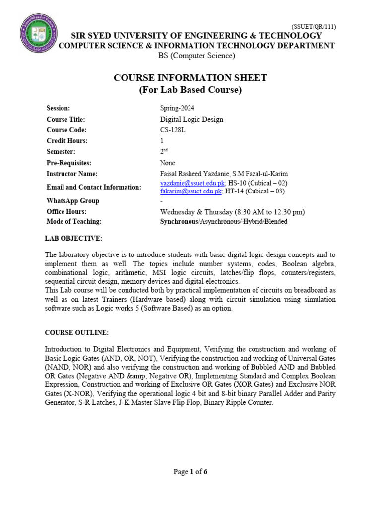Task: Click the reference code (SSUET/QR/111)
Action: click(313, 26)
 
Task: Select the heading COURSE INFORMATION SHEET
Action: click(190, 78)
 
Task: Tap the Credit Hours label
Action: click(67, 141)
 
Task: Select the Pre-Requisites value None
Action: click(168, 163)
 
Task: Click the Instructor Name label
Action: click(72, 174)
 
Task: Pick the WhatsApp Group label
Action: click(72, 201)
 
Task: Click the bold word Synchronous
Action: click(179, 221)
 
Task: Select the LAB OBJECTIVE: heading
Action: click(73, 239)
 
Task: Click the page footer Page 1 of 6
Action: click(190, 472)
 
